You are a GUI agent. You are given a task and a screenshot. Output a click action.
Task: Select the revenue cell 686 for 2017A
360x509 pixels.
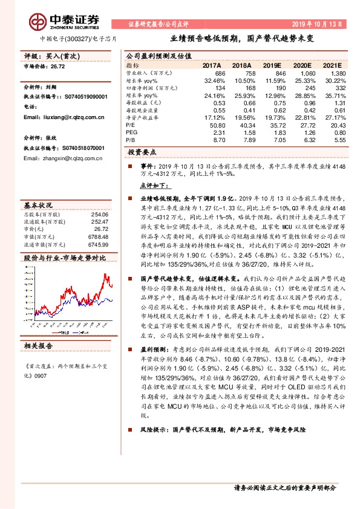click(219, 73)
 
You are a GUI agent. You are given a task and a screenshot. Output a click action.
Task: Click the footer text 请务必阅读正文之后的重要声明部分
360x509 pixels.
click(284, 487)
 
